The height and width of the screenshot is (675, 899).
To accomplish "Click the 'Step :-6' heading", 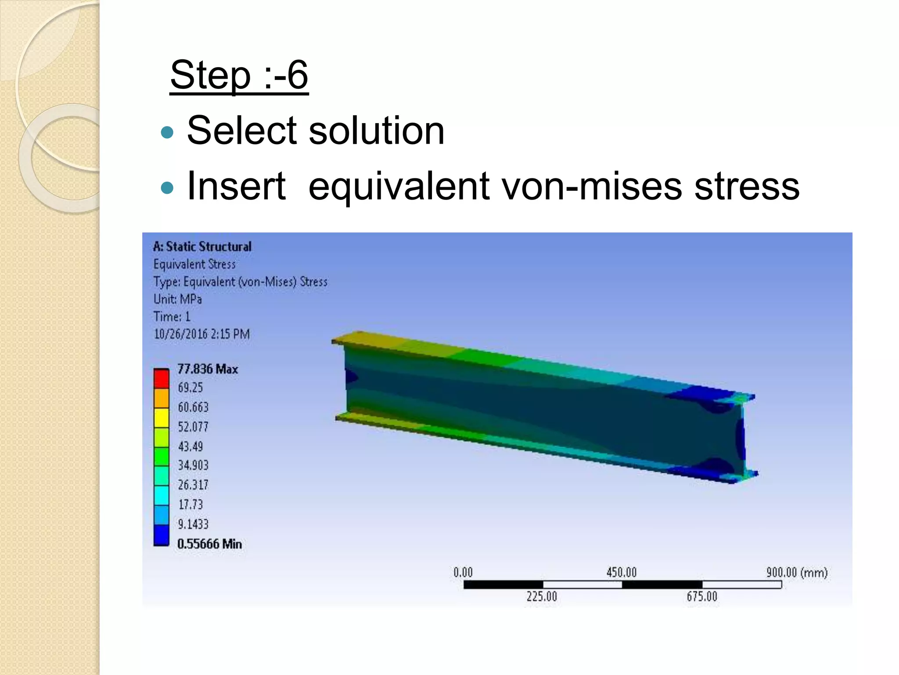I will pyautogui.click(x=239, y=75).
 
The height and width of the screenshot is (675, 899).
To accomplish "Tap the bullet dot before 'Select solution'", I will pyautogui.click(x=167, y=132).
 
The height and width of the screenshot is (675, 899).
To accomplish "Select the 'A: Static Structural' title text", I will pyautogui.click(x=202, y=247).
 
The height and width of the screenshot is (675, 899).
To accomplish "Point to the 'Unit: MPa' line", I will pyautogui.click(x=178, y=299).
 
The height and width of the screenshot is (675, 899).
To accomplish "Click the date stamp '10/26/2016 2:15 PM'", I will pyautogui.click(x=201, y=334).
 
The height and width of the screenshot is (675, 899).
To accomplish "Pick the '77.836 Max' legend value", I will pyautogui.click(x=208, y=369).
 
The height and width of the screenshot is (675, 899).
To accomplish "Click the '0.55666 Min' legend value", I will pyautogui.click(x=209, y=544).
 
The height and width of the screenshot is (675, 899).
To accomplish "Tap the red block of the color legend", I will pyautogui.click(x=162, y=379).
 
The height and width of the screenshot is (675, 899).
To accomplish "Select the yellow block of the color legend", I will pyautogui.click(x=162, y=417).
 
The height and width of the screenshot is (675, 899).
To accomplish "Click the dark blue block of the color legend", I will pyautogui.click(x=162, y=535).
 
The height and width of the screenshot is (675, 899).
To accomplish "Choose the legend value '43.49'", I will pyautogui.click(x=191, y=446).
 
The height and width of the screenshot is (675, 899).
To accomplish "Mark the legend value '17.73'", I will pyautogui.click(x=191, y=504).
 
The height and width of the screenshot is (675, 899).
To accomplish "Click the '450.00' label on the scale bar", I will pyautogui.click(x=621, y=572).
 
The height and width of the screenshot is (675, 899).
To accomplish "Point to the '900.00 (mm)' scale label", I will pyautogui.click(x=797, y=572).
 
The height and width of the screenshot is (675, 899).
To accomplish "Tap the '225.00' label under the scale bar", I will pyautogui.click(x=542, y=596).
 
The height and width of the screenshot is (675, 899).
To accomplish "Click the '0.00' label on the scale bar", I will pyautogui.click(x=463, y=572).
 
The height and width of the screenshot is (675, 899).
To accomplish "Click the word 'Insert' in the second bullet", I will pyautogui.click(x=236, y=186).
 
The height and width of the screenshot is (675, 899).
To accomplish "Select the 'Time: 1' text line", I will pyautogui.click(x=172, y=317).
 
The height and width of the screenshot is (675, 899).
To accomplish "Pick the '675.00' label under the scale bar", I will pyautogui.click(x=702, y=596).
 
